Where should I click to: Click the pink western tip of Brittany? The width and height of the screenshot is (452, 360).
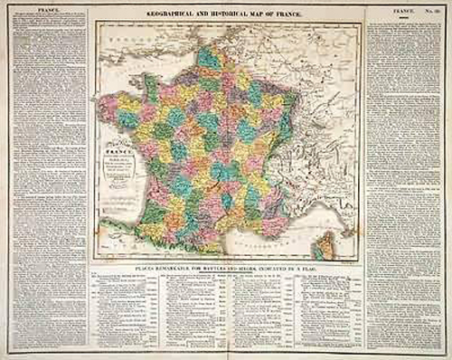coord(108,107)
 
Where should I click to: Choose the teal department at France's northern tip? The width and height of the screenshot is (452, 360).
coord(207,56)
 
